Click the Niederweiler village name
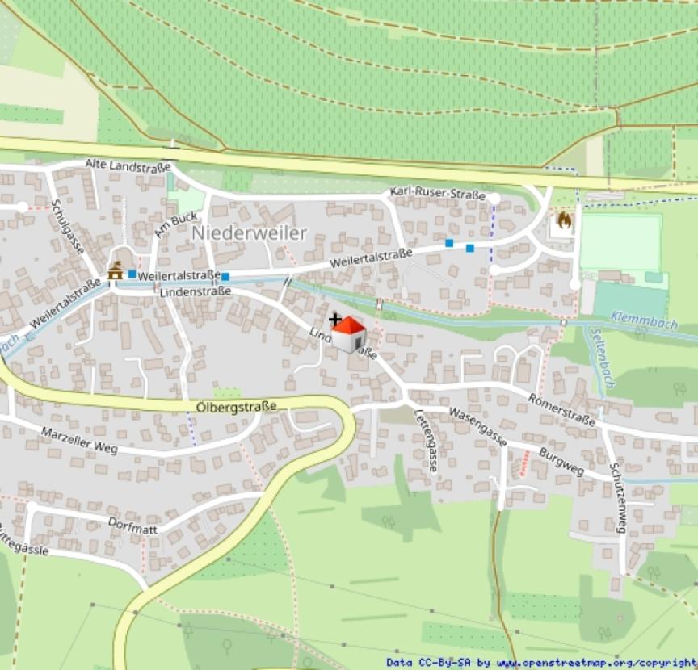(250, 233)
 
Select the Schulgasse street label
(67, 227)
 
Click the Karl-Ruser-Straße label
(437, 194)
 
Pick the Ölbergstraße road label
(236, 406)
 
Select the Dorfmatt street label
(132, 524)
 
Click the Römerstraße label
(561, 409)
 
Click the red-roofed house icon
(349, 334)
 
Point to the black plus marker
(335, 320)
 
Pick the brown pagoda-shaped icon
(115, 272)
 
